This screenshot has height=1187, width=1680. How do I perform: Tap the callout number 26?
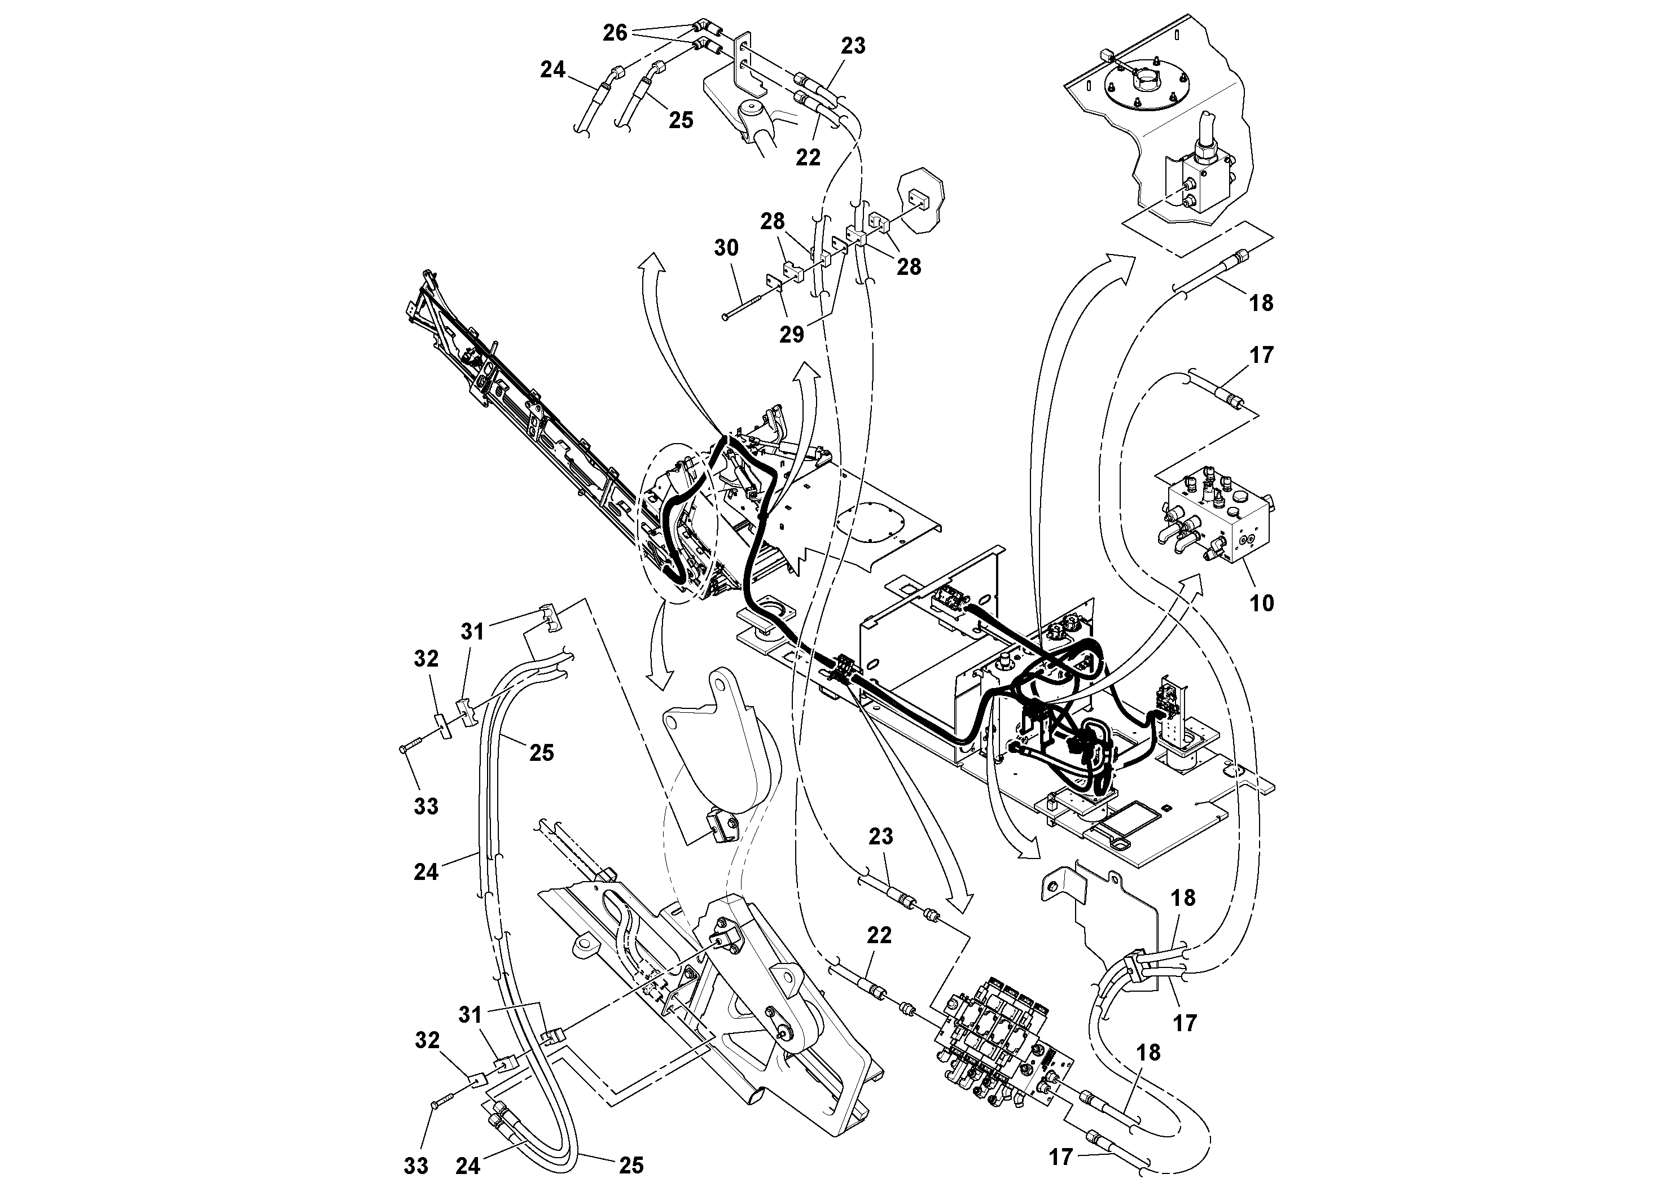[615, 32]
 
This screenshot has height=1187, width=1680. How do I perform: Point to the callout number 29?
[792, 335]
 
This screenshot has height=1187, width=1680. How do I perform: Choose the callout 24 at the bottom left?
[468, 1165]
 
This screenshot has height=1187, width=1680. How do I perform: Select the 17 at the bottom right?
[1060, 1157]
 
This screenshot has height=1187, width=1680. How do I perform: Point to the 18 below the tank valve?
[1261, 302]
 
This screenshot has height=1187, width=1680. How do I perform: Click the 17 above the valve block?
[1261, 355]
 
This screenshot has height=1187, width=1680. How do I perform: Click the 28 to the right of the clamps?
[909, 267]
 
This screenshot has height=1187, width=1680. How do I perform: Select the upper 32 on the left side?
[426, 659]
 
